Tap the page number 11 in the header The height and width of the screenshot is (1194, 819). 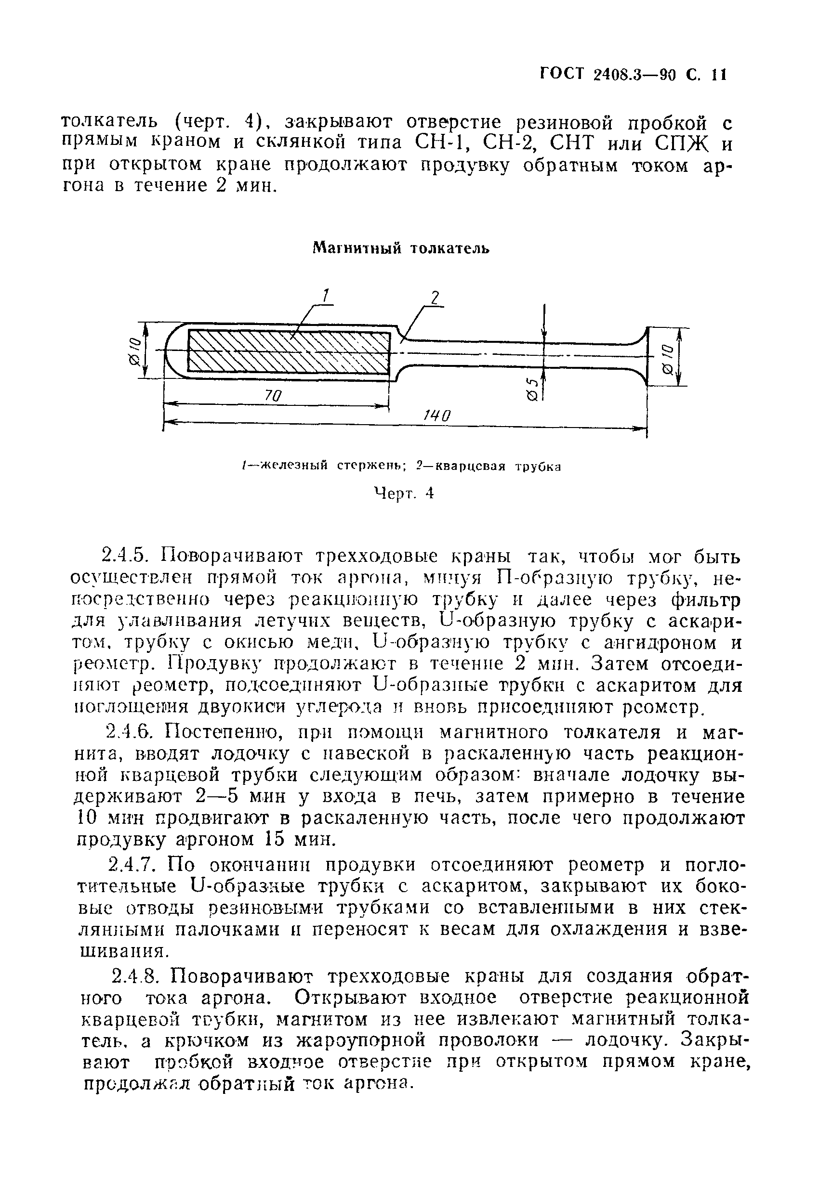point(718,75)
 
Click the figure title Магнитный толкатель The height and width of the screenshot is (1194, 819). point(401,249)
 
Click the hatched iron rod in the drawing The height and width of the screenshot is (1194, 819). point(288,352)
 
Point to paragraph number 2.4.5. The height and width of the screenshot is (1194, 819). point(125,556)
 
